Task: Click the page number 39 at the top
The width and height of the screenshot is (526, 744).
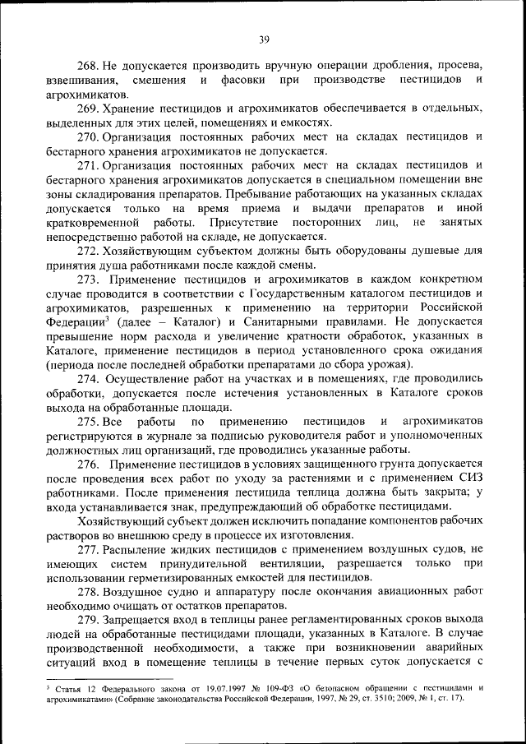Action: pyautogui.click(x=263, y=37)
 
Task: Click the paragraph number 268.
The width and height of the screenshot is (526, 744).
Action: pyautogui.click(x=89, y=64)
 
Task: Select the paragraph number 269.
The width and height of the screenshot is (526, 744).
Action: pyautogui.click(x=89, y=109)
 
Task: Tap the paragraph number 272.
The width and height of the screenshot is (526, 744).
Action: pyautogui.click(x=89, y=250)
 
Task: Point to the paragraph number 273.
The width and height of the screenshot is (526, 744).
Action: pyautogui.click(x=89, y=280)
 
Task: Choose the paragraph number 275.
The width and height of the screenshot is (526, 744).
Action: pyautogui.click(x=89, y=422)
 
